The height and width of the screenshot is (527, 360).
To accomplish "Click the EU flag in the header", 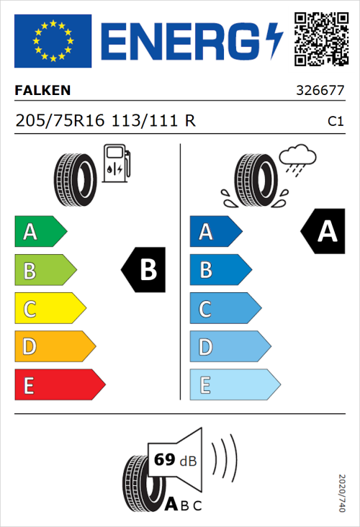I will tap(53, 41).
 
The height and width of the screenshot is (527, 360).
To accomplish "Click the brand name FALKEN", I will tap(42, 91).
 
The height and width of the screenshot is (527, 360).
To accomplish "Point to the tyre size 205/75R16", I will tap(60, 121).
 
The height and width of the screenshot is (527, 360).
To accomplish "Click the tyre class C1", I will tap(335, 122).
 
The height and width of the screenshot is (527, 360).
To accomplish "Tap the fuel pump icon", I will tap(116, 163).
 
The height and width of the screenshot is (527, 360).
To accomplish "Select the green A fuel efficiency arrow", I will tap(40, 232).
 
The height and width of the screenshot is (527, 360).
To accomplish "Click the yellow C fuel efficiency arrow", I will tap(49, 309).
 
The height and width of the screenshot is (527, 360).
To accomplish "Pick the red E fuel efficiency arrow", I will tap(59, 385).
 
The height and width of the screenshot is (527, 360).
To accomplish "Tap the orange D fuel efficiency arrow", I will tap(54, 347).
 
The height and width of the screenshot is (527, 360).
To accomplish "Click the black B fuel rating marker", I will tap(144, 270).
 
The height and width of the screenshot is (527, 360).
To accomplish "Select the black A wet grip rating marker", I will tap(322, 232).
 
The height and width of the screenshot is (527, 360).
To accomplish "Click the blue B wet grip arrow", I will tap(220, 270).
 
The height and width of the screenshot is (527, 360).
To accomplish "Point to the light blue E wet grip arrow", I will tap(234, 385).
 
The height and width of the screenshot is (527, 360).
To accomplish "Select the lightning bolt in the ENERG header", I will tap(274, 40).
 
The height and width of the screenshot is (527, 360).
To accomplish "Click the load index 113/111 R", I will tap(153, 121).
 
